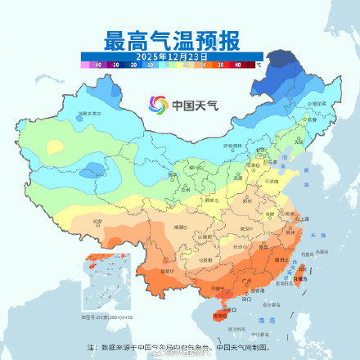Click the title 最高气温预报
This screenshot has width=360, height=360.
(181, 38)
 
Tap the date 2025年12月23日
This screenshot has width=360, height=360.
(179, 55)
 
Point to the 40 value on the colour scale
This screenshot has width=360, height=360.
(237, 63)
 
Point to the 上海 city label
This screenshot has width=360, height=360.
(304, 218)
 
